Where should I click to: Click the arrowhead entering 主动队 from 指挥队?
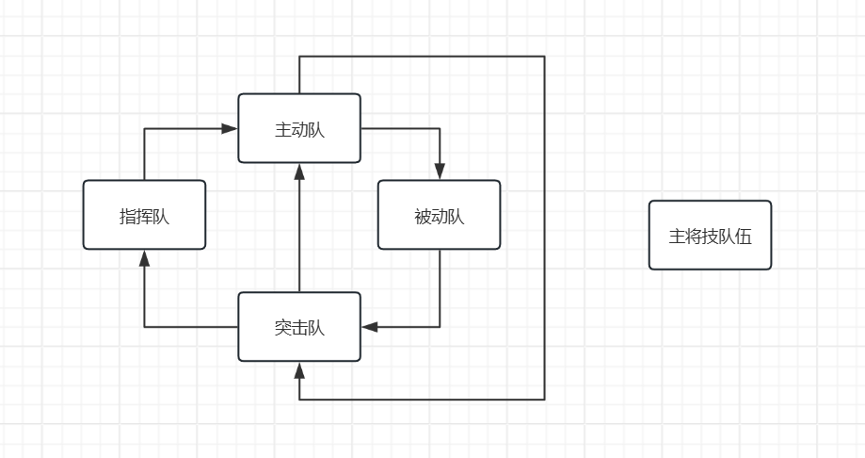230,128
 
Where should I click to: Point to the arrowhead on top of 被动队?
440,172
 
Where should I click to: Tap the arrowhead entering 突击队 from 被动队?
370,327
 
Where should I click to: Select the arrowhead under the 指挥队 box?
144,257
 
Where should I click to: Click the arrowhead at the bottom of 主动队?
299,171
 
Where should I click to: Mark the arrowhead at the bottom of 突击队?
299,369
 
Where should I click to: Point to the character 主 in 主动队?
282,130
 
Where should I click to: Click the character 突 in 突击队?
282,328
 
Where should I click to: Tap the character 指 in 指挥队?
127,216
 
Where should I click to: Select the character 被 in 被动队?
423,216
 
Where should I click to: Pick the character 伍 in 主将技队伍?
744,237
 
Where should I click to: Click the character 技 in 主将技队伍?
710,237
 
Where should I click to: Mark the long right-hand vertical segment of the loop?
544,226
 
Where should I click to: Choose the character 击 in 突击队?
299,328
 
